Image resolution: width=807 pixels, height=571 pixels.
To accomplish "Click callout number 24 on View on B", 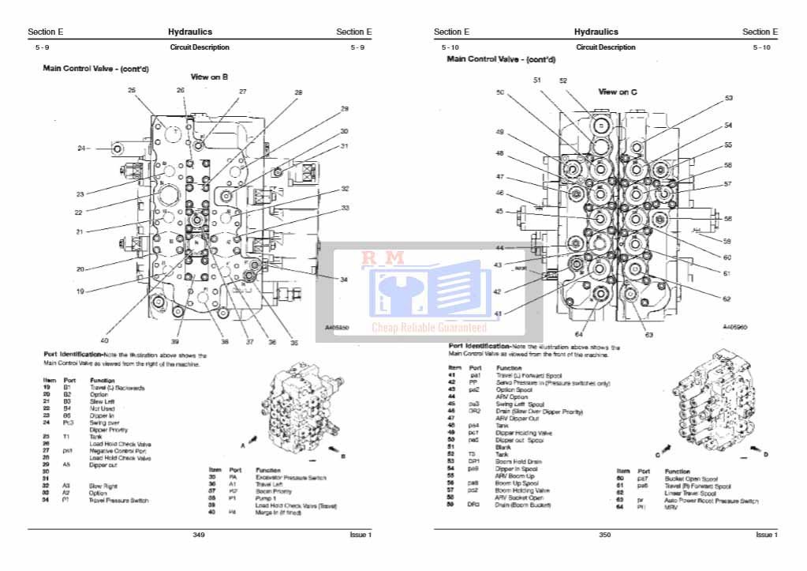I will (80, 148).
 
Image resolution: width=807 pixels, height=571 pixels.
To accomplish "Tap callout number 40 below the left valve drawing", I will (105, 340).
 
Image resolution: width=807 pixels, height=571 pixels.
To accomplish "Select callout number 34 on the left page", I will (344, 280).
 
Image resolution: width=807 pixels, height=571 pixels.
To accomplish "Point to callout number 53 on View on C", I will (728, 99).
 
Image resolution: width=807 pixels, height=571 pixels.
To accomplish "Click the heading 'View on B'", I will (209, 77).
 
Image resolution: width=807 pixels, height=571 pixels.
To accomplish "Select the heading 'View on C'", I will (618, 92).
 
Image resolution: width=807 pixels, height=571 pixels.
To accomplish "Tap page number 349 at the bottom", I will (199, 535).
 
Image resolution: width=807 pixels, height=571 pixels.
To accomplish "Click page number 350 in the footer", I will (605, 535).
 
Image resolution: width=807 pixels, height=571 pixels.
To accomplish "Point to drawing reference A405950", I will (338, 325).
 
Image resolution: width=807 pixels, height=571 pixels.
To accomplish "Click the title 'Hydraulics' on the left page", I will (189, 32).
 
